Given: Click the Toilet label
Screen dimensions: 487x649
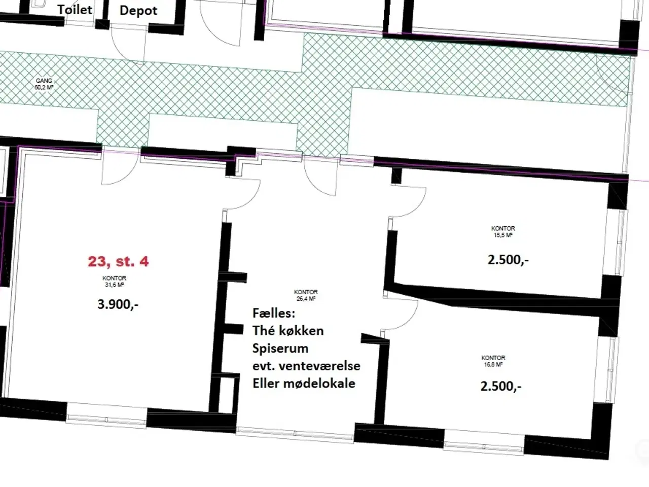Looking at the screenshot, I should [75, 9].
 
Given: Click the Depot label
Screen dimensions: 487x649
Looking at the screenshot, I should [138, 11].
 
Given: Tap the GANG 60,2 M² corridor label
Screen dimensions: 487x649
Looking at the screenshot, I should [44, 84].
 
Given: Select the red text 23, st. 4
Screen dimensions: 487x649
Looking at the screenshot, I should [118, 261].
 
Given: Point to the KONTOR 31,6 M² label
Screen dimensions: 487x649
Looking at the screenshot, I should [114, 282].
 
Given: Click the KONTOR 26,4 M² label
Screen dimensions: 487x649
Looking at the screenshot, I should [306, 295].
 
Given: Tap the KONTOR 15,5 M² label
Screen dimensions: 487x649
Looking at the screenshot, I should [503, 232].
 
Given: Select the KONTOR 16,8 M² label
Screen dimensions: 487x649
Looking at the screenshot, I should [493, 361].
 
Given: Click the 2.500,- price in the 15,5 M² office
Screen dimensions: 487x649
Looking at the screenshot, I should [508, 260].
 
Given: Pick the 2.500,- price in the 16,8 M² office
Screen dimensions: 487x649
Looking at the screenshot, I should [501, 386].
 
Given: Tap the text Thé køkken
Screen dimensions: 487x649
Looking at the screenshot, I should [288, 331].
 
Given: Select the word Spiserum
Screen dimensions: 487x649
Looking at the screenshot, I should [280, 349].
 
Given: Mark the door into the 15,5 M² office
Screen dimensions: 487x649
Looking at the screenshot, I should [408, 201].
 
